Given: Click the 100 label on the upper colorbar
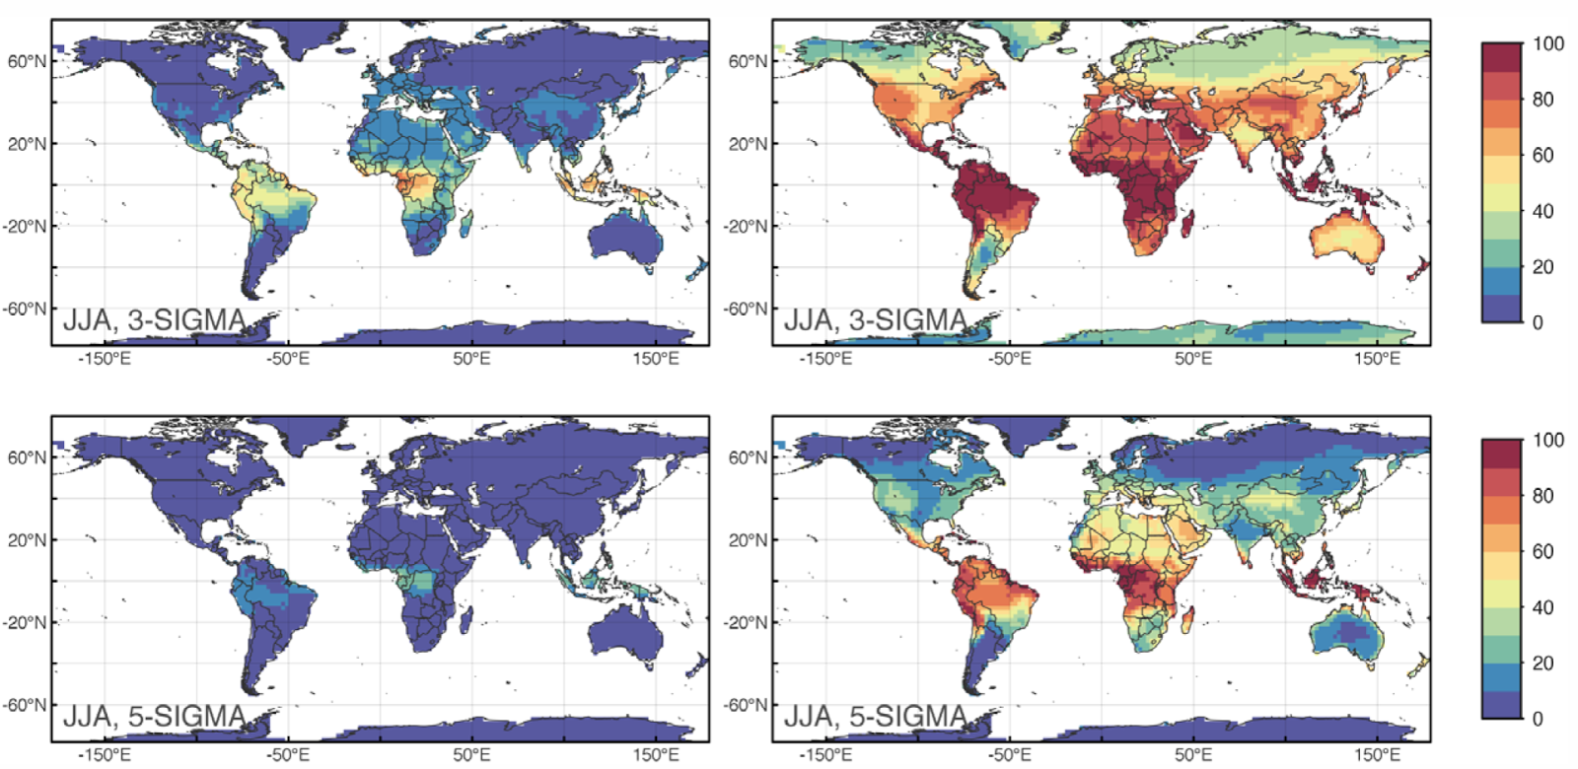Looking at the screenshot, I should pyautogui.click(x=1547, y=43).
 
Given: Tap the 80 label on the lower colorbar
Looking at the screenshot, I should pyautogui.click(x=1542, y=496).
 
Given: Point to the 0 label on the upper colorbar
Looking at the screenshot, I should pyautogui.click(x=1538, y=322).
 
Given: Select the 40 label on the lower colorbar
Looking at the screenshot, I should pyautogui.click(x=1542, y=607).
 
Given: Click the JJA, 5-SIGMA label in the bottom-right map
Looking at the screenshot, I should pyautogui.click(x=875, y=717).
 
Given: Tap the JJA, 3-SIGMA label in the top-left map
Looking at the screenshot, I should pyautogui.click(x=154, y=320).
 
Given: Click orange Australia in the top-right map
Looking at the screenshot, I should pyautogui.click(x=1347, y=237).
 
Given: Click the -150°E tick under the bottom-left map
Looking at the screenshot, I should pyautogui.click(x=105, y=755).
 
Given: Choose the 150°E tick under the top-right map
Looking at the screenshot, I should pyautogui.click(x=1377, y=359).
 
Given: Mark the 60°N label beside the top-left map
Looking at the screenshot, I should pyautogui.click(x=27, y=61).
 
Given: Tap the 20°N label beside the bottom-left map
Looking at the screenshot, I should pyautogui.click(x=27, y=540).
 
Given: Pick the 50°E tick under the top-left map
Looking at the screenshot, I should pyautogui.click(x=471, y=359).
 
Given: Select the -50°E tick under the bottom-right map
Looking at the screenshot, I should pyautogui.click(x=1009, y=755).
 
